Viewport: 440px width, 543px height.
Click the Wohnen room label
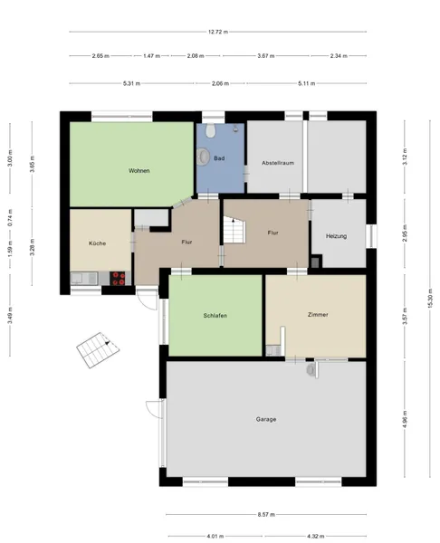(x=139, y=171)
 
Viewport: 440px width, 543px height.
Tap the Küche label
(x=98, y=243)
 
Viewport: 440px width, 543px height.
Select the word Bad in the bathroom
(x=219, y=158)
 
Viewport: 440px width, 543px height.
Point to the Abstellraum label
(x=278, y=163)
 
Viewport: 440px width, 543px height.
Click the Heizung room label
(x=336, y=236)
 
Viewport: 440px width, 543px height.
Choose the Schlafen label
(x=215, y=316)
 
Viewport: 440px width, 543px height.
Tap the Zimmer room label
(x=318, y=314)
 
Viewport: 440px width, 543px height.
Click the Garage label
(x=266, y=419)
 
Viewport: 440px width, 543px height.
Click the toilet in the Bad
(x=210, y=129)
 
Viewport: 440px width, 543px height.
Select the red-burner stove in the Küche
(x=118, y=279)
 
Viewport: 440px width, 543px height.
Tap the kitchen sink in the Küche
(x=84, y=279)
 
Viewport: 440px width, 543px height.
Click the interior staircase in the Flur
(x=234, y=230)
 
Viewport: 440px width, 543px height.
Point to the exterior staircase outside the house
(x=98, y=350)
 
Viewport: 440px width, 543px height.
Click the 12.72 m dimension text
(x=218, y=32)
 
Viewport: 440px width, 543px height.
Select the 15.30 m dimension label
(x=430, y=298)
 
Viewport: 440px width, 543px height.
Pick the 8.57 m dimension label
(x=266, y=515)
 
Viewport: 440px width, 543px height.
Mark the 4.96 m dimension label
(x=405, y=419)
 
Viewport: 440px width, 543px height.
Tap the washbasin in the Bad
(x=203, y=157)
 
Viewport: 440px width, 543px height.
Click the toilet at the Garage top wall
(x=311, y=369)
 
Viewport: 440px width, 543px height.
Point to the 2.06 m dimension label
(x=220, y=83)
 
